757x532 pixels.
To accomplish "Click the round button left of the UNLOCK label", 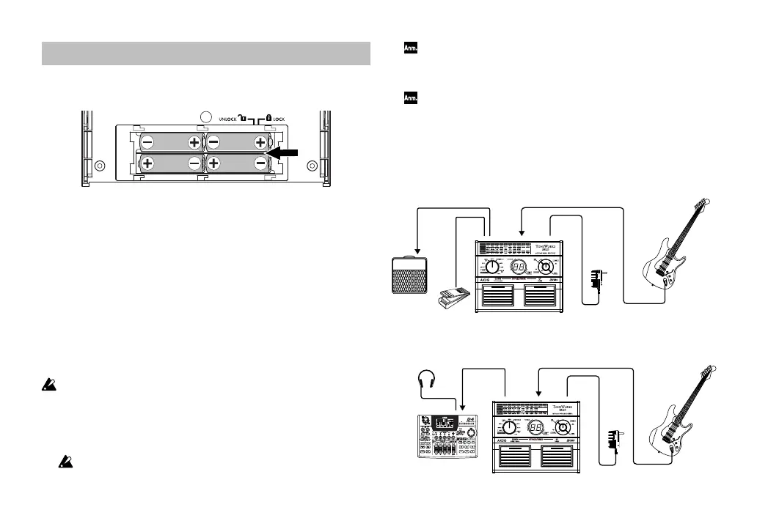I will [206, 116].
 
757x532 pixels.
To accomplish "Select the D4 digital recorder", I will [445, 437].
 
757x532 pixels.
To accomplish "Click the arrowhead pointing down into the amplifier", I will [417, 251].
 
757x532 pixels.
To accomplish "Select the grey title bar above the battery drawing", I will [205, 53].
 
